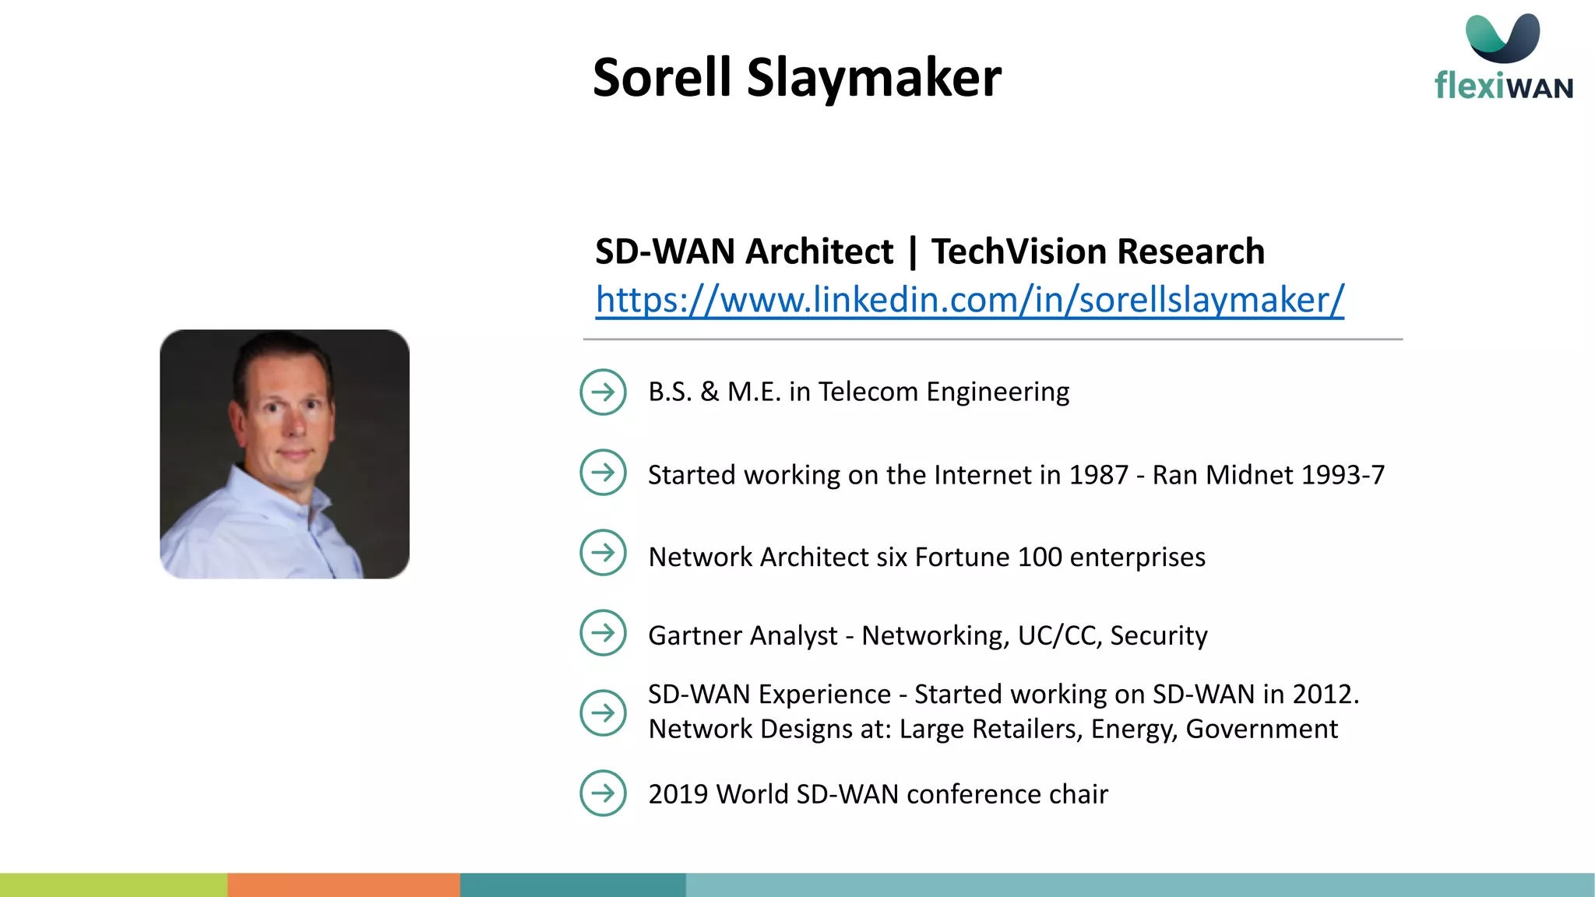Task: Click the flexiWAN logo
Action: [x=1503, y=58]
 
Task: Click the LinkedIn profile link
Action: [x=970, y=300]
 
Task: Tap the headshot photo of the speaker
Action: [x=284, y=454]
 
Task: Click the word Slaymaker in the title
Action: [x=874, y=78]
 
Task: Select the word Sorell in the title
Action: [x=662, y=78]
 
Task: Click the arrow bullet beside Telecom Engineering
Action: [x=603, y=392]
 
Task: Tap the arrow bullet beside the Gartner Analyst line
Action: [x=603, y=633]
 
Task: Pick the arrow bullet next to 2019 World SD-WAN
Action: [x=603, y=793]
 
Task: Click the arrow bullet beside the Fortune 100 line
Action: [x=603, y=553]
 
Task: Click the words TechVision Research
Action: [x=1098, y=252]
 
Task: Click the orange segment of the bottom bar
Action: [x=343, y=885]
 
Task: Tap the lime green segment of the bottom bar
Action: [x=114, y=885]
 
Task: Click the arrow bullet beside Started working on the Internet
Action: [x=603, y=473]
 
